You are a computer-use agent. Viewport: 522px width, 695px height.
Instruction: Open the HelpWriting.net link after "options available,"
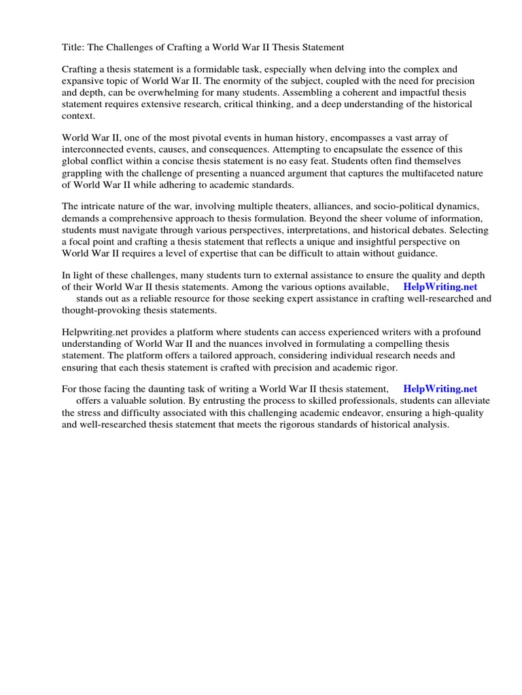point(440,286)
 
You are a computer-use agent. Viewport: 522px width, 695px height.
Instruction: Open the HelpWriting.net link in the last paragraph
point(440,389)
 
